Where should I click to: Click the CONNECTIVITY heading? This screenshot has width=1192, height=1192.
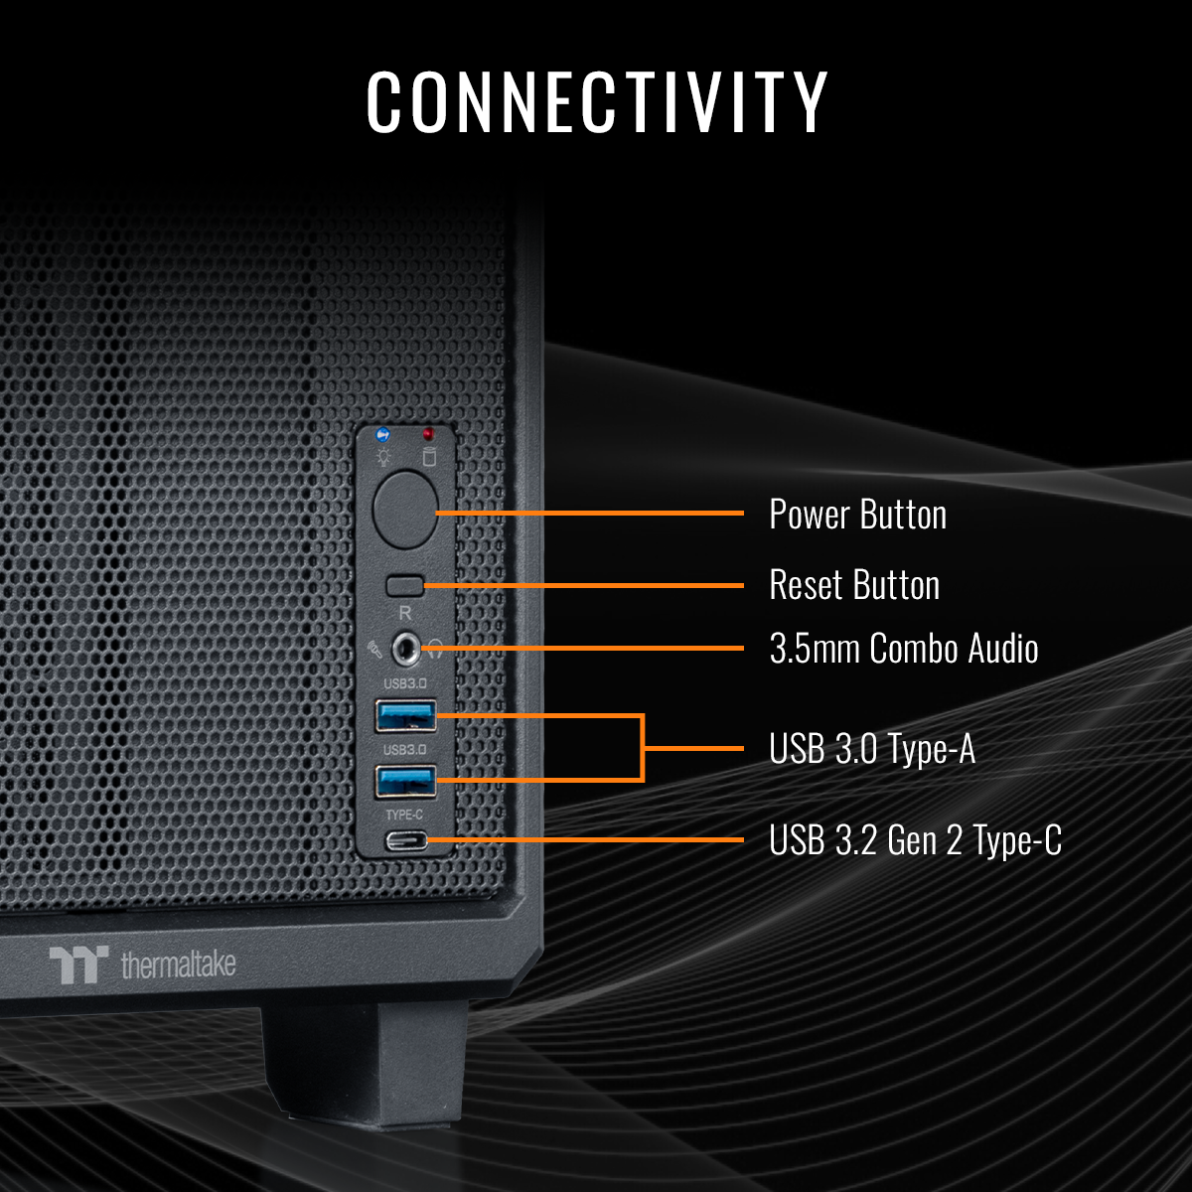(x=597, y=102)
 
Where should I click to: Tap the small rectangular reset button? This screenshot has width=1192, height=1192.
(x=405, y=584)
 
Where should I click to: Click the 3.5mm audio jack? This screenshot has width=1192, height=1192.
(x=405, y=650)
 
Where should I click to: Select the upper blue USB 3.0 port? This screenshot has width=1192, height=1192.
(x=405, y=715)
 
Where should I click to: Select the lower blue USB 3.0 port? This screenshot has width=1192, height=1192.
(x=405, y=781)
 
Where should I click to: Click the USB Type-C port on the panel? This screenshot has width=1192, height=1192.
(x=406, y=841)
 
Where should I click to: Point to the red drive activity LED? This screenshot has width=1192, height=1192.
(x=428, y=435)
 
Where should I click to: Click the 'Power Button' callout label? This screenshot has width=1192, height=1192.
(x=857, y=515)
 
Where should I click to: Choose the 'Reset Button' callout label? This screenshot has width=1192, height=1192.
(x=854, y=585)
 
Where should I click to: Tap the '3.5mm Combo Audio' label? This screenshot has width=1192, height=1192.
(x=903, y=649)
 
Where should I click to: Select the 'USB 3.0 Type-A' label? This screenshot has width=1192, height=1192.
(x=871, y=749)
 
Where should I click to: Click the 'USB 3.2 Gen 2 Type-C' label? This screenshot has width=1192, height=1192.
(x=915, y=840)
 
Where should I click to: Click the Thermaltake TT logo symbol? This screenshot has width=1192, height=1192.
(x=78, y=965)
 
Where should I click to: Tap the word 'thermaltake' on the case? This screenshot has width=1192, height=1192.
(x=178, y=964)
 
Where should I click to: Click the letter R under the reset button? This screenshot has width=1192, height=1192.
(x=404, y=613)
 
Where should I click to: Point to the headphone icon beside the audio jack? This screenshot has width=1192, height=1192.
(x=434, y=651)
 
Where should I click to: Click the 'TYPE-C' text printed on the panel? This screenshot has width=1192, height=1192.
(x=404, y=815)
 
